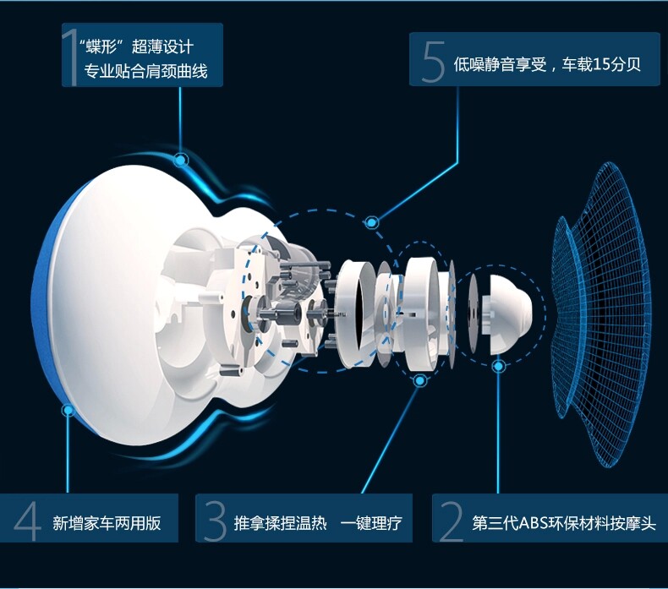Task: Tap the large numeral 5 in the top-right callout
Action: tap(433, 60)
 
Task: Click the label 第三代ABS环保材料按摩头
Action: tap(564, 523)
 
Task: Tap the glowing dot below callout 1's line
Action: tap(180, 159)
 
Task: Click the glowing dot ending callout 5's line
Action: tap(371, 222)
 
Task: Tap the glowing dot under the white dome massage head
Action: tap(498, 366)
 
